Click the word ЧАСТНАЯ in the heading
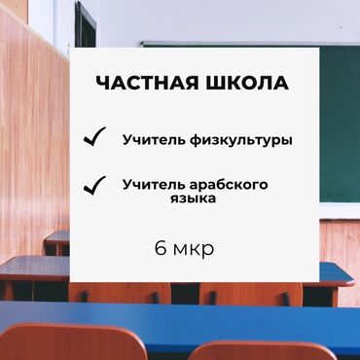point(143,85)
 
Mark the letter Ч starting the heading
point(104,85)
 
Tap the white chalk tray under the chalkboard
point(340,208)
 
